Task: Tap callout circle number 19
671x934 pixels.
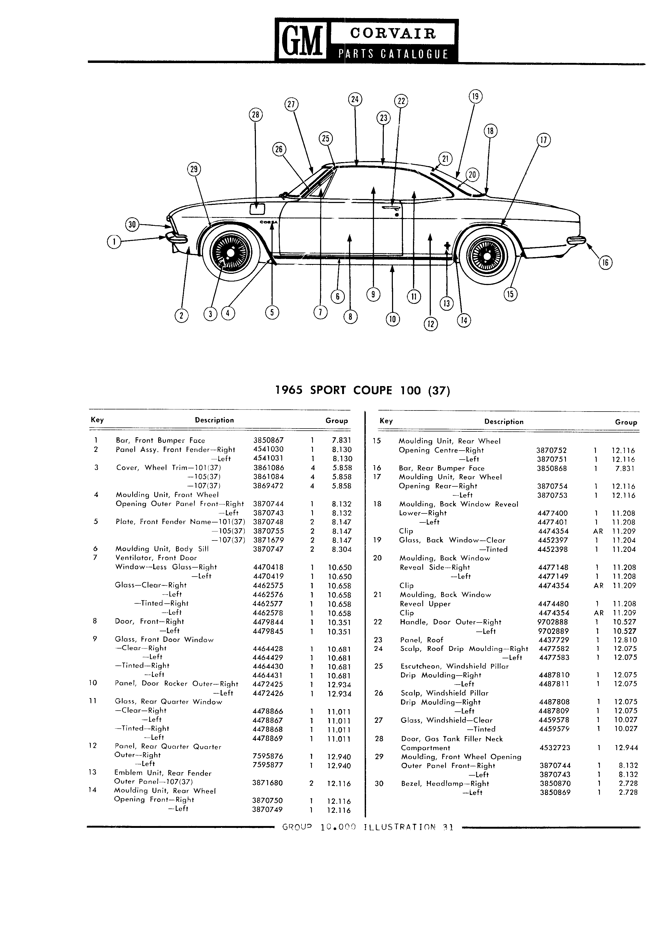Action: click(475, 97)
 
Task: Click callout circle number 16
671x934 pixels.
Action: click(605, 263)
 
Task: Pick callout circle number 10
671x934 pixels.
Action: click(393, 319)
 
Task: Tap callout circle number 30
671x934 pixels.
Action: click(132, 224)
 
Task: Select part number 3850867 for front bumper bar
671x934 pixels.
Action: click(268, 440)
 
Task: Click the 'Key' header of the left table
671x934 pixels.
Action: click(97, 420)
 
